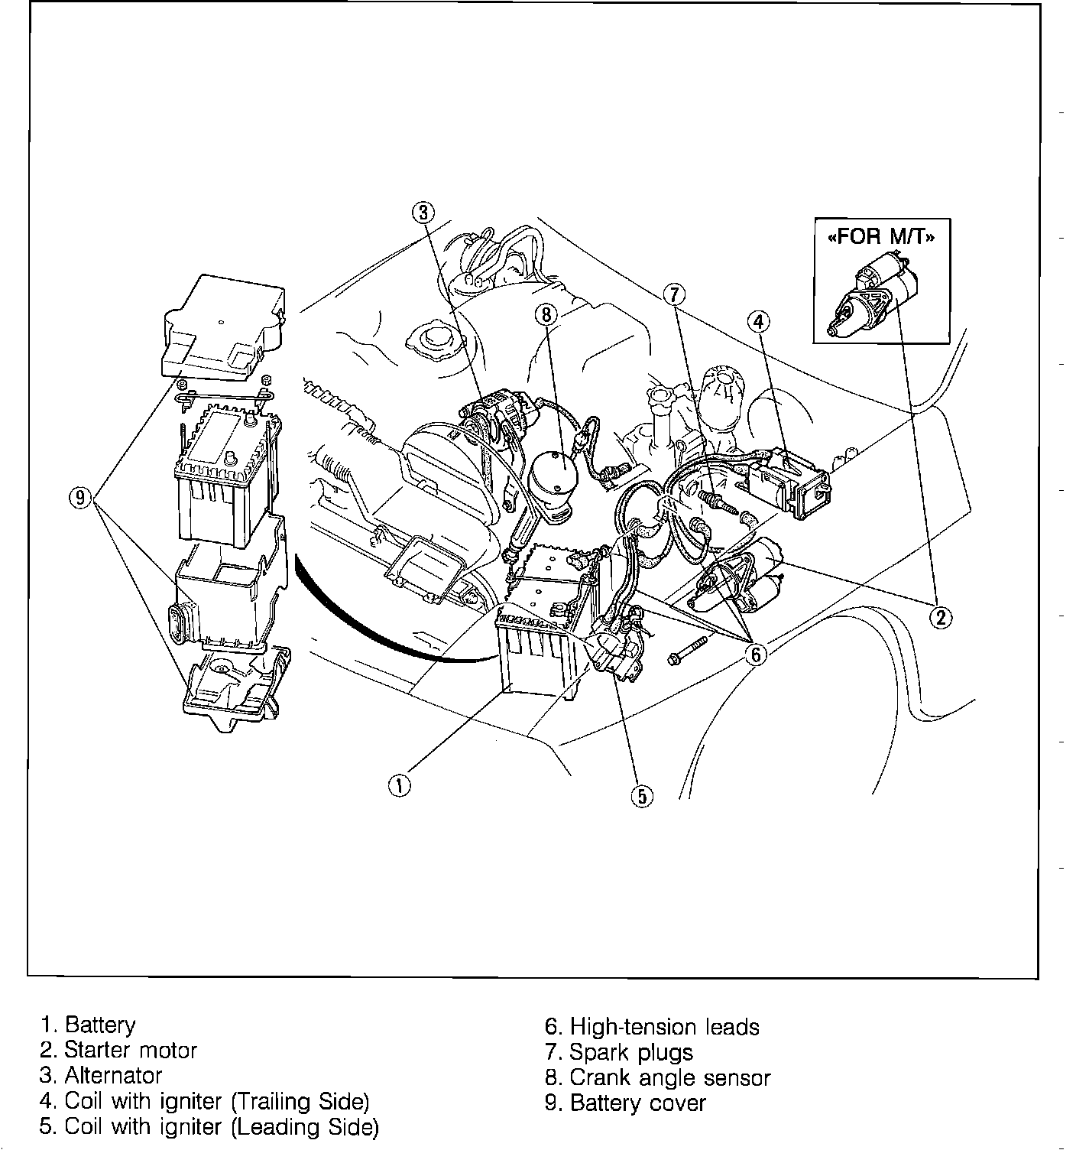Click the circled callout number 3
click(x=426, y=211)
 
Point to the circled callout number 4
click(x=757, y=322)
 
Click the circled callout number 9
click(x=79, y=498)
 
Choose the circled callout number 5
click(x=642, y=796)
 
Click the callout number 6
click(x=755, y=654)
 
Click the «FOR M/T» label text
click(x=881, y=236)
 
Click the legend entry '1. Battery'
click(x=88, y=1025)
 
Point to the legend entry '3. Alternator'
click(x=101, y=1076)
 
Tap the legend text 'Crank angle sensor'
click(x=669, y=1077)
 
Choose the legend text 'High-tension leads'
click(x=664, y=1026)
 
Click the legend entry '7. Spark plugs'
click(x=619, y=1052)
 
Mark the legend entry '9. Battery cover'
click(x=625, y=1103)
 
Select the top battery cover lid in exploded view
click(x=223, y=328)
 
